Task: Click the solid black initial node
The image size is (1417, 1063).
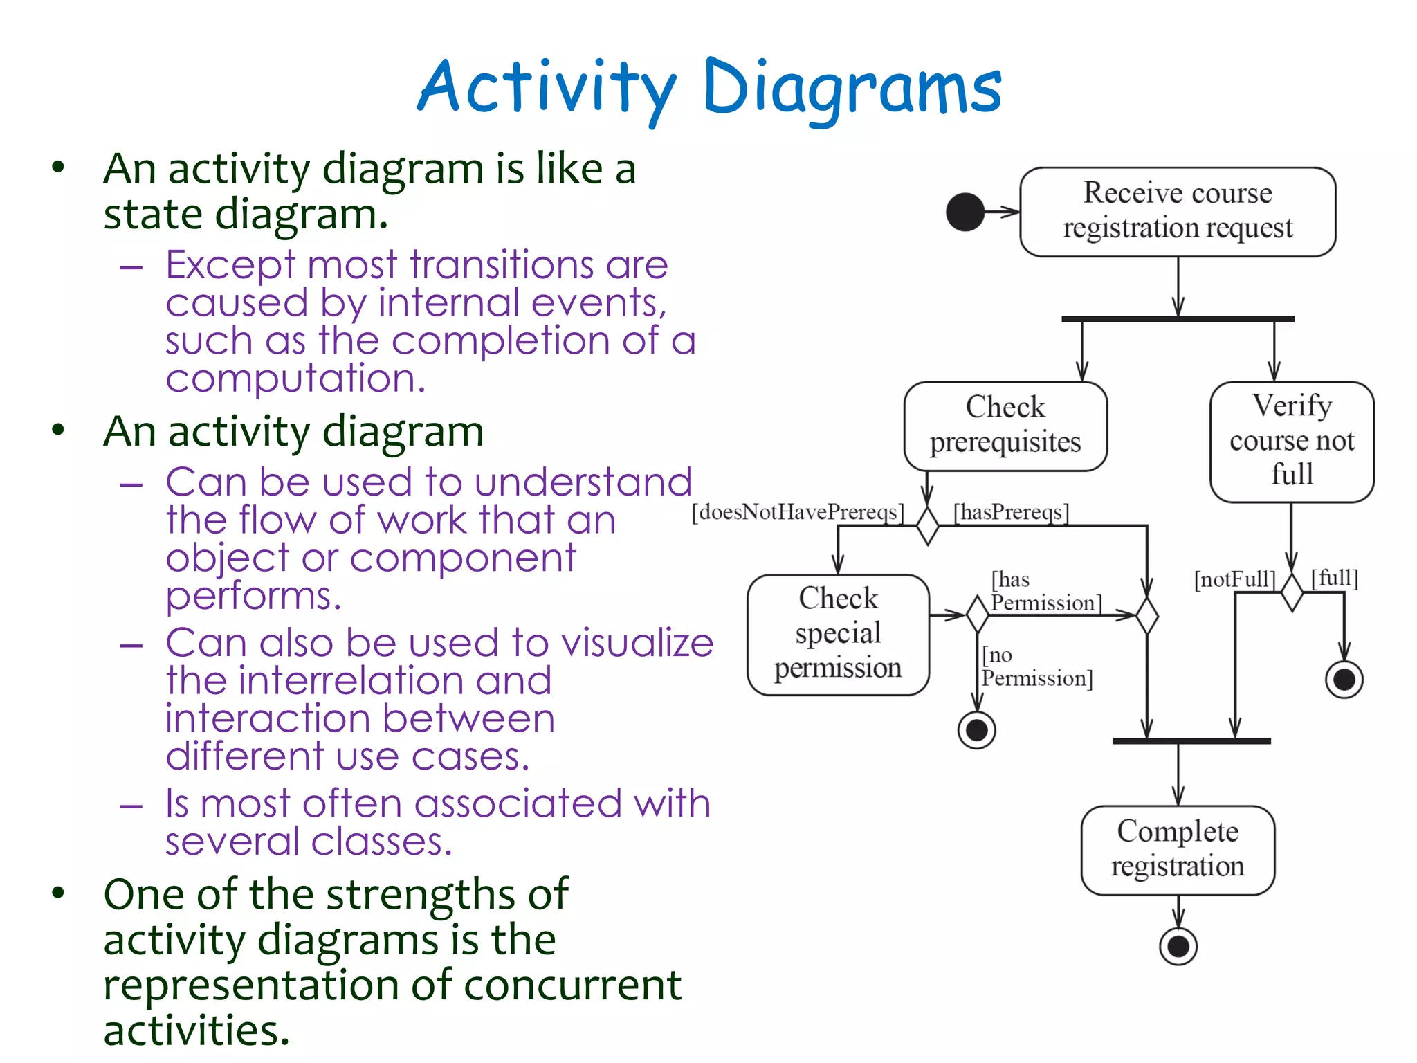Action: (x=965, y=212)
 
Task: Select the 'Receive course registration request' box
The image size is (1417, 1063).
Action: (x=1177, y=211)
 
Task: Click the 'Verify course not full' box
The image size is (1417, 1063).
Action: (x=1291, y=441)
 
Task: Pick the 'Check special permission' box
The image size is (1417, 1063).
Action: (x=837, y=634)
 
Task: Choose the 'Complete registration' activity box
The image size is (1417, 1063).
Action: (x=1177, y=849)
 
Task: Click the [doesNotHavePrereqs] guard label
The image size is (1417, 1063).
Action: (x=797, y=512)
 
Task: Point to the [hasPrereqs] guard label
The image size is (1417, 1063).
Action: (x=1011, y=512)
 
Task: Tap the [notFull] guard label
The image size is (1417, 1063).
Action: (x=1234, y=579)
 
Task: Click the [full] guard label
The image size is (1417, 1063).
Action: (x=1335, y=577)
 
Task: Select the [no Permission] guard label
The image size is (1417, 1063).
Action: (x=1036, y=666)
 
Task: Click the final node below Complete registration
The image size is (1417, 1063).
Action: (x=1178, y=946)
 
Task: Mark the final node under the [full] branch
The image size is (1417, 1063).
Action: (x=1344, y=680)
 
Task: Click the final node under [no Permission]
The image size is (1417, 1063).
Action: (x=976, y=730)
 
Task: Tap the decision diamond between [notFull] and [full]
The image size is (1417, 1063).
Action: (x=1291, y=592)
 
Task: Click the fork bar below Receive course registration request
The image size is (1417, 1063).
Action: (x=1177, y=319)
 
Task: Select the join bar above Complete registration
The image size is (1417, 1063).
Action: (x=1191, y=741)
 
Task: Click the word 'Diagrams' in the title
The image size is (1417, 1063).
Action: (x=852, y=88)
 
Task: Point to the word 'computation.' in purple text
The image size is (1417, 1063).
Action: (x=295, y=379)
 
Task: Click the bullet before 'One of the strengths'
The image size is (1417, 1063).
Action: (x=58, y=893)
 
